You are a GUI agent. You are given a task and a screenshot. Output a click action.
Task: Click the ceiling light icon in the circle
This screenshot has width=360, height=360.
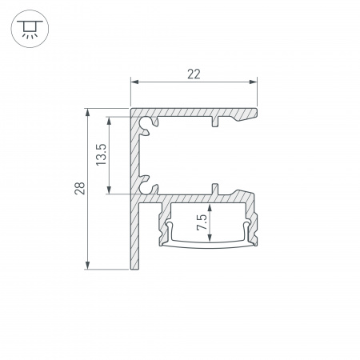[x=29, y=30]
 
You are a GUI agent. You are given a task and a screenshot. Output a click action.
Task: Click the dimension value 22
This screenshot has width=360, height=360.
[x=193, y=74]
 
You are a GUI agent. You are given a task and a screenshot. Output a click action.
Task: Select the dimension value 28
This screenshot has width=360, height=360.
[x=78, y=189]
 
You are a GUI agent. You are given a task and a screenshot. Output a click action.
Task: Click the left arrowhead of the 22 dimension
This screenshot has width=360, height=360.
[x=134, y=82]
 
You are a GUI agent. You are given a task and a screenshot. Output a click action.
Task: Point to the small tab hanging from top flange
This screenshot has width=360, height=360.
[x=214, y=123]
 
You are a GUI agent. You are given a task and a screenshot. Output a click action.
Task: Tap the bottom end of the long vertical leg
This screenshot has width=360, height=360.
[x=134, y=266]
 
